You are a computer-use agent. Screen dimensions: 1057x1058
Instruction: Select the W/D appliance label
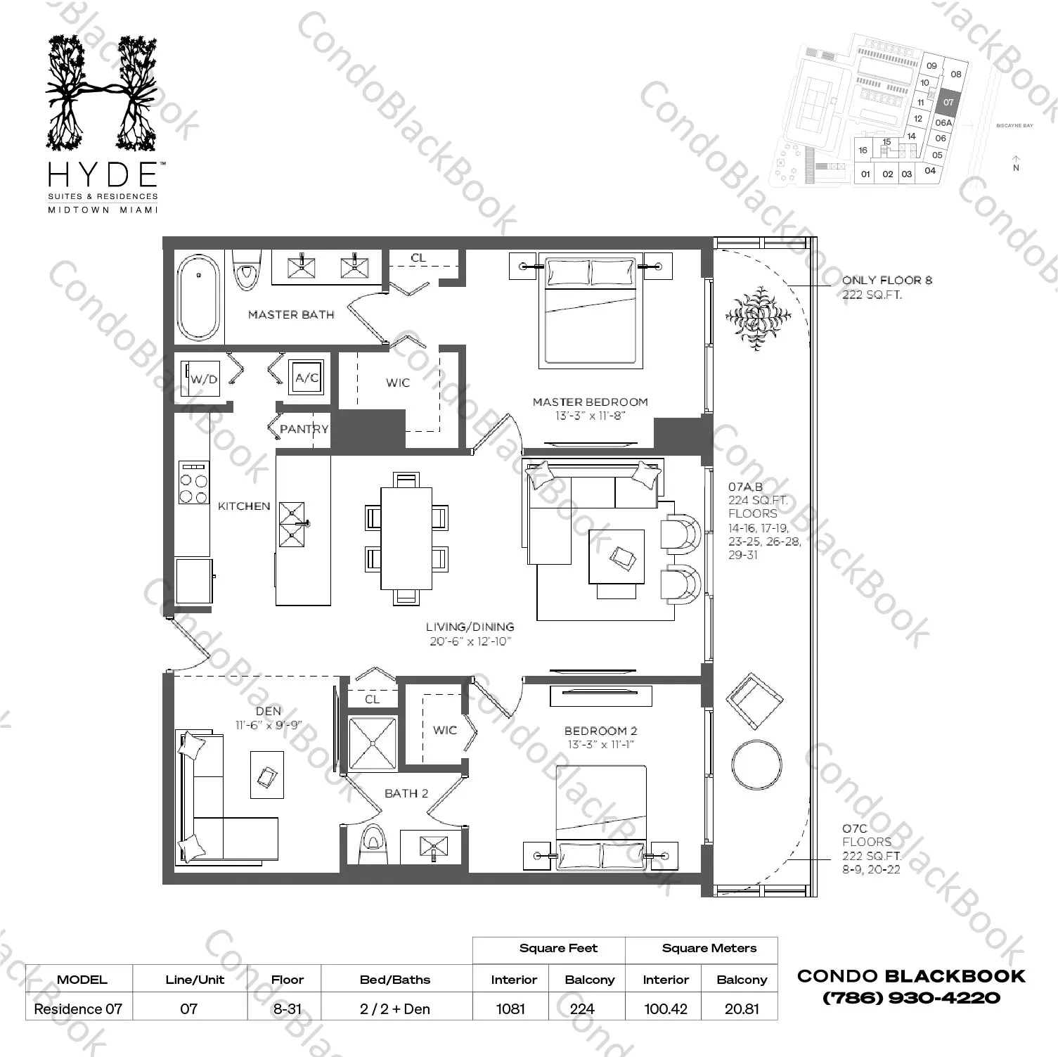[x=204, y=379]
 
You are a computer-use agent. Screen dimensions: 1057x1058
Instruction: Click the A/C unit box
[x=307, y=378]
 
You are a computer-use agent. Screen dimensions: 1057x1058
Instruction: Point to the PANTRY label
[x=304, y=429]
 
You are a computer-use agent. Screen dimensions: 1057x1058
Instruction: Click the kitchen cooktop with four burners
[x=193, y=482]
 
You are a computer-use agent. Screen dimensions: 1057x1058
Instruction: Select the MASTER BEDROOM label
[x=590, y=402]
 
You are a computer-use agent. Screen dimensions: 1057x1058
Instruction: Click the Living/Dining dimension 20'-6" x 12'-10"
[x=470, y=641]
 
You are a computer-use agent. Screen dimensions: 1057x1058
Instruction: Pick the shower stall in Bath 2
[x=373, y=743]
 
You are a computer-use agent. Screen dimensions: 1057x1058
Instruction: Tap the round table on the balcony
[x=756, y=764]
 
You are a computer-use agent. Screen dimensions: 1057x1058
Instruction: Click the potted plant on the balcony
[x=757, y=318]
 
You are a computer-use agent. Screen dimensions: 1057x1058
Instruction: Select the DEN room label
[x=269, y=711]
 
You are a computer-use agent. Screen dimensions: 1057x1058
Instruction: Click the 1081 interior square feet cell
[x=510, y=1008]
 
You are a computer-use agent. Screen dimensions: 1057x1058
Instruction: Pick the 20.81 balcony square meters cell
[x=742, y=1008]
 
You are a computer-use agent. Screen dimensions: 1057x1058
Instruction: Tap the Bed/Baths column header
[x=394, y=980]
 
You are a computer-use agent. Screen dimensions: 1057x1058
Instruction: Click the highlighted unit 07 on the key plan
[x=948, y=102]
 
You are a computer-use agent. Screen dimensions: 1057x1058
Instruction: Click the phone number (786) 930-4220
[x=911, y=997]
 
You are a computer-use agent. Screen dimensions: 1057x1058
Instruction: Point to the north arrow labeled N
[x=1016, y=163]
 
